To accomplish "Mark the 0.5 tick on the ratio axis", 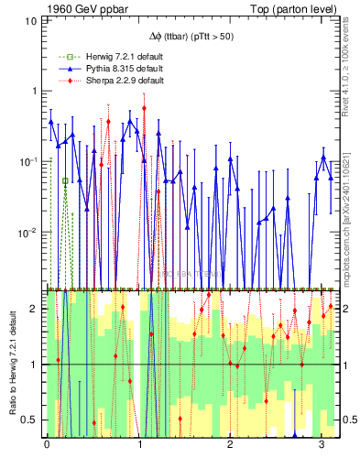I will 29,420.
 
